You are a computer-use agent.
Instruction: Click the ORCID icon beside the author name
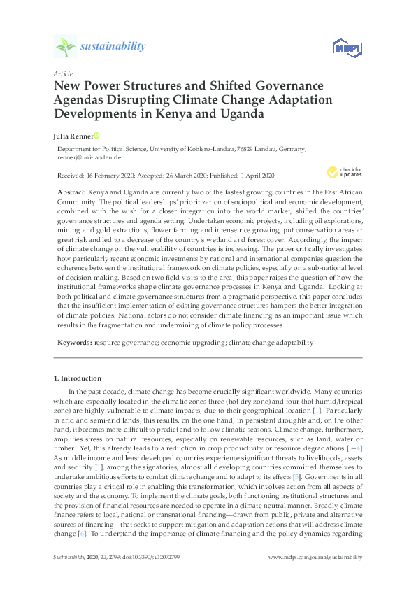tap(96, 135)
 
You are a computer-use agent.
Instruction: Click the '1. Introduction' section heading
tap(78, 378)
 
